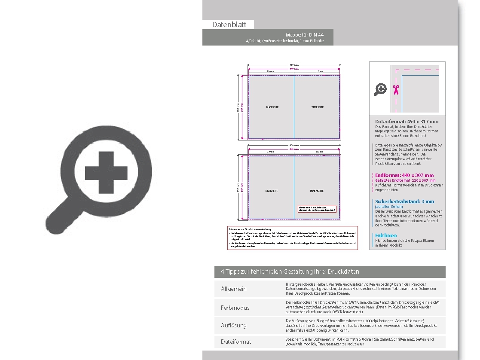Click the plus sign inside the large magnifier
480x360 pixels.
tap(106, 173)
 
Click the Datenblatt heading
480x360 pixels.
tap(229, 24)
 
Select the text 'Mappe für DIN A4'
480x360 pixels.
tap(305, 34)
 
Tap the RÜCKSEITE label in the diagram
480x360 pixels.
tap(272, 107)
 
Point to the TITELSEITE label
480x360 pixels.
tap(318, 107)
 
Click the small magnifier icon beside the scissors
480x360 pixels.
tap(380, 89)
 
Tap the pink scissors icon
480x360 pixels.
tap(396, 89)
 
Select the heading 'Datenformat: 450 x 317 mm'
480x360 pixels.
tap(407, 122)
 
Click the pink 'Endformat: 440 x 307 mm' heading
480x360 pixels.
tap(404, 175)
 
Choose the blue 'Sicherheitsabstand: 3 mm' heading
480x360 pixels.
tap(404, 201)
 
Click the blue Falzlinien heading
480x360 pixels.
tap(386, 235)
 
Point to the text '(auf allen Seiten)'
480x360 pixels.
tap(389, 207)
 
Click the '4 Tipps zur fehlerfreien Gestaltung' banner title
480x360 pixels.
tap(290, 272)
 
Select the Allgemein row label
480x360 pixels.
tap(234, 289)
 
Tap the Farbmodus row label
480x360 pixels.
tap(235, 308)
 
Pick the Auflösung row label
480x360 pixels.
tap(234, 325)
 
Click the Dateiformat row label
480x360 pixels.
tap(236, 342)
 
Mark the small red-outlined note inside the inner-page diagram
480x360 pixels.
tap(317, 208)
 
